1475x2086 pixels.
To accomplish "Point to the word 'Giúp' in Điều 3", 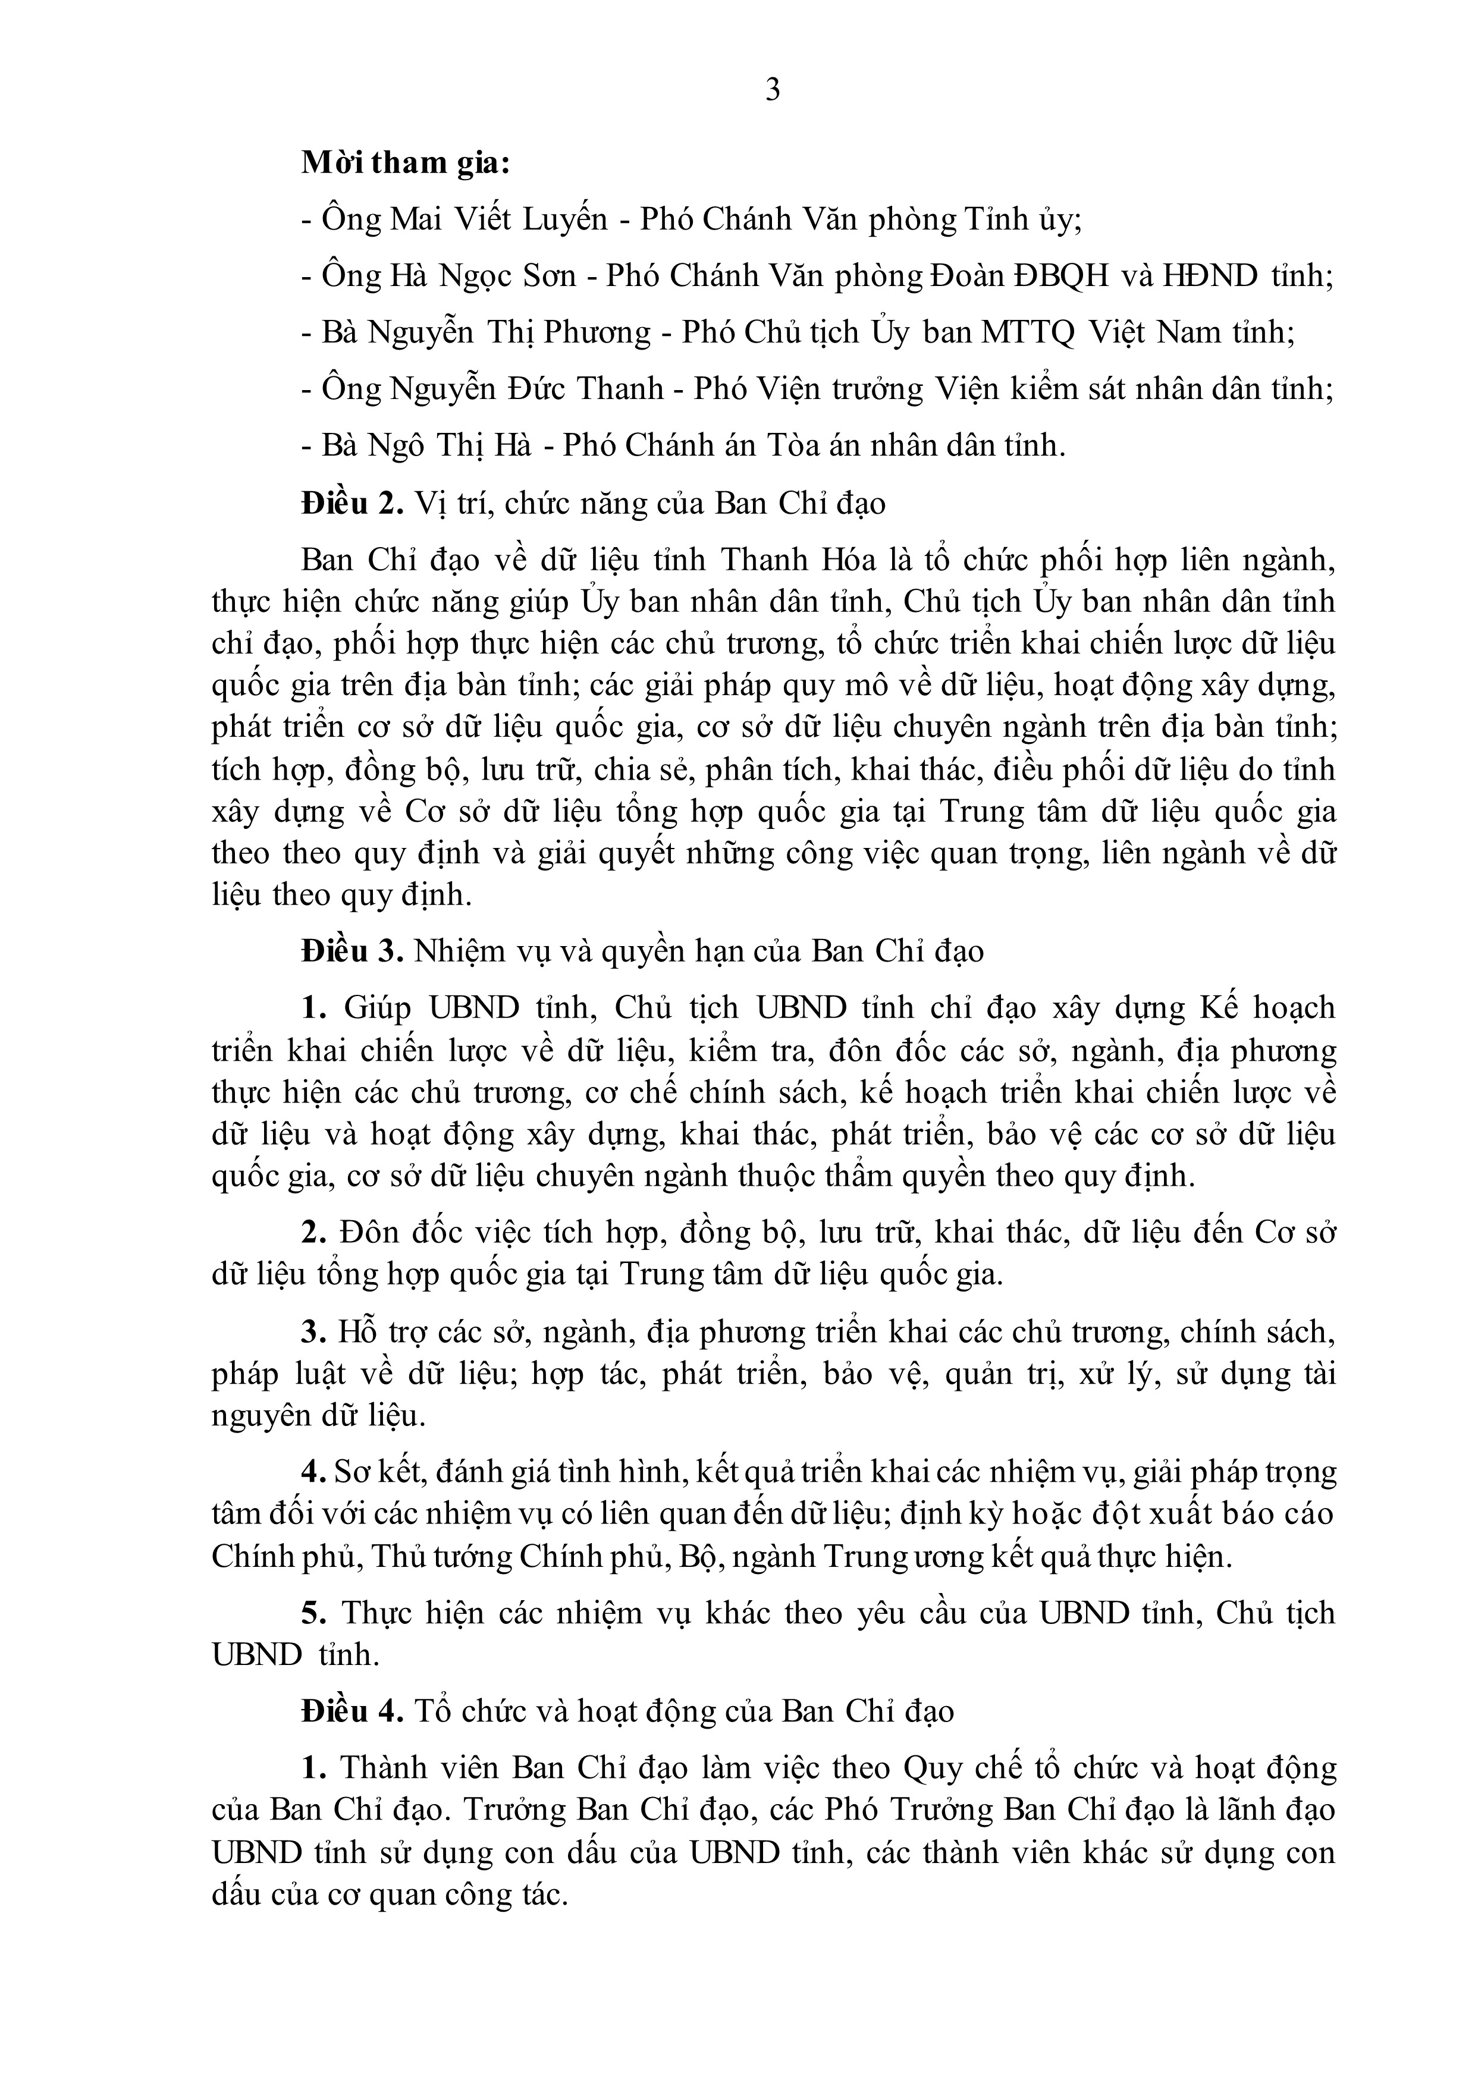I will click(x=377, y=1009).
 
